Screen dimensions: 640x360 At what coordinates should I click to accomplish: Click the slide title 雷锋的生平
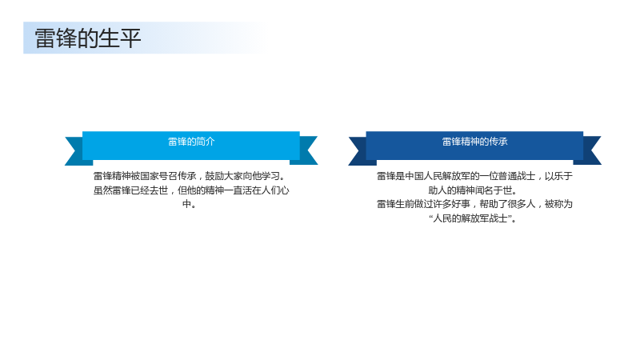[88, 38]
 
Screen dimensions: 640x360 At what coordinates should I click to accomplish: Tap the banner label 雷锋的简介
[191, 142]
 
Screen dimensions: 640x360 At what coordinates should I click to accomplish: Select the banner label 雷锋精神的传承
[474, 142]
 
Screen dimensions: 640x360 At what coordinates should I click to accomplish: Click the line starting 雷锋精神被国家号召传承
[190, 176]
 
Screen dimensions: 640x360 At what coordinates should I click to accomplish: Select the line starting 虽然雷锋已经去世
[191, 190]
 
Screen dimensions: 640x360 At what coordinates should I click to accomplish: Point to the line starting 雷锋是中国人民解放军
[474, 176]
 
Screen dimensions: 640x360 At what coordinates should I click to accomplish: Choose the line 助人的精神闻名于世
[473, 190]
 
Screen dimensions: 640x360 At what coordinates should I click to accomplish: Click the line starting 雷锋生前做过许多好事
[474, 204]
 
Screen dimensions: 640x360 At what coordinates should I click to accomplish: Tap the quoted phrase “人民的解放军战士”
[473, 218]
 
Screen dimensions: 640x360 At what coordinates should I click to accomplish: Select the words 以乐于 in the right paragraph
[558, 176]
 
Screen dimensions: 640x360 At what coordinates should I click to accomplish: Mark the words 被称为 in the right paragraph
[558, 204]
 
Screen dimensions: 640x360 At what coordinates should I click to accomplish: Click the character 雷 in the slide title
[45, 38]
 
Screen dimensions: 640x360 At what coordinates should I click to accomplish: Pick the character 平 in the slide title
[130, 38]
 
